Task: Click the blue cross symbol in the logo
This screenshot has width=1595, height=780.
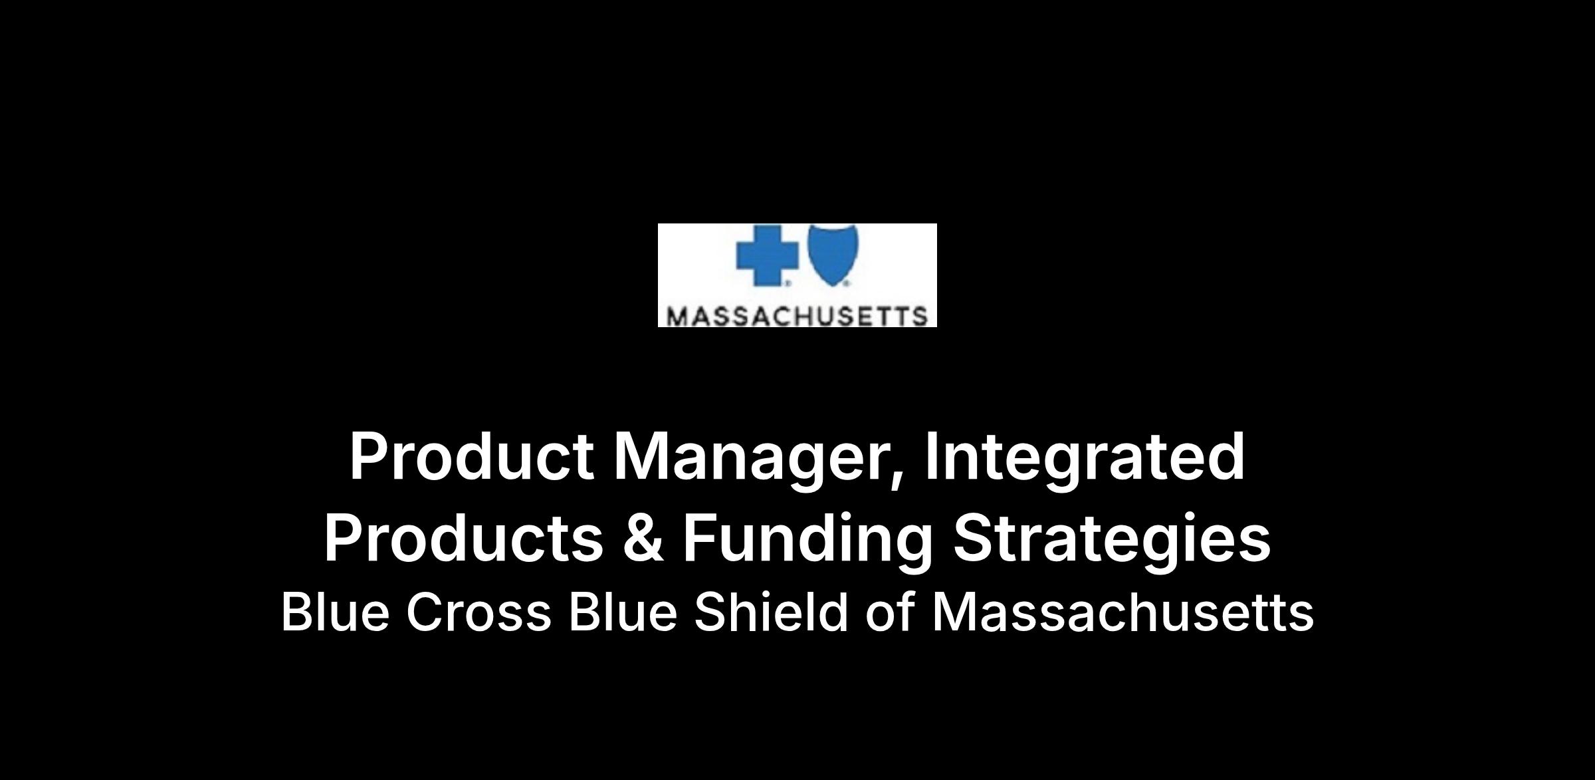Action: coord(768,254)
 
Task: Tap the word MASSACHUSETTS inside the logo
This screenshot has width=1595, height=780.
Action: coord(797,316)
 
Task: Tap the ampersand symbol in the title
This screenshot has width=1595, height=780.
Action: coord(643,538)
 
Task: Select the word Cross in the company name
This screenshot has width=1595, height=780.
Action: coord(478,612)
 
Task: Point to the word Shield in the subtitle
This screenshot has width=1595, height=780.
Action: coord(771,612)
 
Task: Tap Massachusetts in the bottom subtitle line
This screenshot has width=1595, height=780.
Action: coord(1122,612)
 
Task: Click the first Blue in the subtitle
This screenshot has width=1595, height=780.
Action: coord(335,612)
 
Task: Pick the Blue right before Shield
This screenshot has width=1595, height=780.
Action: coord(623,612)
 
